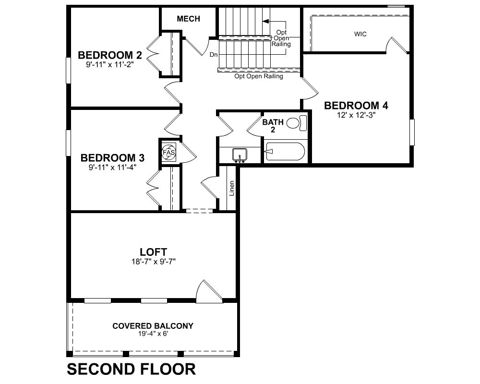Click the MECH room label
pos(188,19)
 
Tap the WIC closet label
pos(360,34)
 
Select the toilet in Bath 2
pos(296,122)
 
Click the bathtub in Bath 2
pos(285,151)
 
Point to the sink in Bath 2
pos(240,155)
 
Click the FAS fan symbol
pos(168,152)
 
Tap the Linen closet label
pos(232,188)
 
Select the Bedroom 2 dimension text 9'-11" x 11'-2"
pos(110,65)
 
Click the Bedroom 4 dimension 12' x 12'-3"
pos(356,115)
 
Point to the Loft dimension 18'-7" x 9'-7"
pos(153,262)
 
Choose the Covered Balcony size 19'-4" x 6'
pos(153,334)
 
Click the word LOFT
pos(154,252)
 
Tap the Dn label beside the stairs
pos(214,55)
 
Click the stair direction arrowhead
pos(266,21)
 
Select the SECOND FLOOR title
pos(132,369)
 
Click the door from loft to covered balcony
pos(209,291)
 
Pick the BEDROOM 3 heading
pos(112,158)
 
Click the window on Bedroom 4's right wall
pos(412,132)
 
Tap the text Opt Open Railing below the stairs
pos(259,76)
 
